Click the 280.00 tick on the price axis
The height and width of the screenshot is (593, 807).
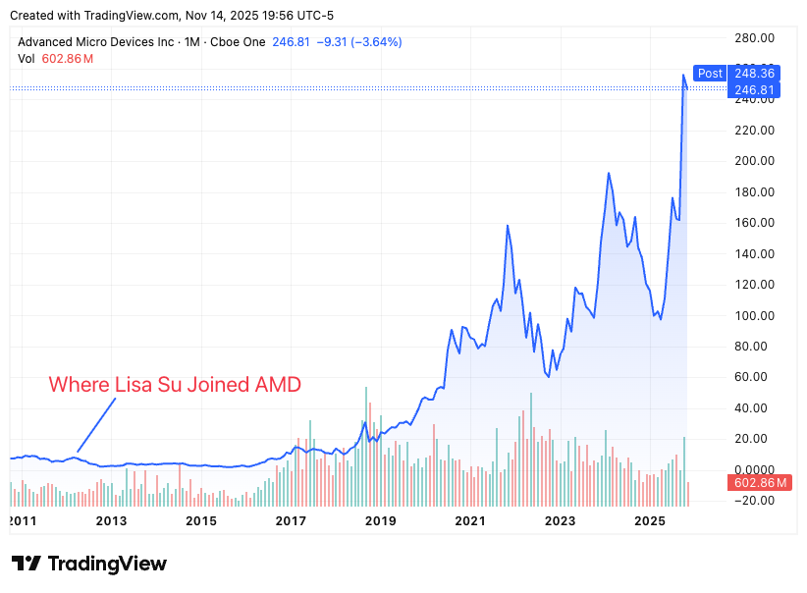pyautogui.click(x=756, y=37)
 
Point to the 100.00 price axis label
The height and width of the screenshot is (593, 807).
pyautogui.click(x=756, y=315)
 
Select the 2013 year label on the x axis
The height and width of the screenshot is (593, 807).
pyautogui.click(x=112, y=520)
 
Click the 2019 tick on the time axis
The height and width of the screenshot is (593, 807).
pyautogui.click(x=381, y=520)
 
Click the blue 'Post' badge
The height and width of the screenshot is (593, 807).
pyautogui.click(x=709, y=73)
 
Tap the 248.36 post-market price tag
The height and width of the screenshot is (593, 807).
pyautogui.click(x=754, y=73)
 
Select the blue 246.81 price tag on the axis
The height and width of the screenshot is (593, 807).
pyautogui.click(x=754, y=89)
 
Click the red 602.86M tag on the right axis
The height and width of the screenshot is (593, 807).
pyautogui.click(x=761, y=483)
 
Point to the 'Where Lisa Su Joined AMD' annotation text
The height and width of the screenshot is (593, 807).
pyautogui.click(x=175, y=384)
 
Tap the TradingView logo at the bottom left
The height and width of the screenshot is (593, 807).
pyautogui.click(x=89, y=564)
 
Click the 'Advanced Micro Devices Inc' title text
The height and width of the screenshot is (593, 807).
pyautogui.click(x=94, y=42)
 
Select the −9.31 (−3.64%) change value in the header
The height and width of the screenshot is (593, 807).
pyautogui.click(x=356, y=42)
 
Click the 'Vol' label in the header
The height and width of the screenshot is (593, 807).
pyautogui.click(x=27, y=59)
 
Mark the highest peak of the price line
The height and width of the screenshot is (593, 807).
pyautogui.click(x=683, y=75)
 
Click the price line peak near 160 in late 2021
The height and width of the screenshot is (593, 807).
pyautogui.click(x=508, y=226)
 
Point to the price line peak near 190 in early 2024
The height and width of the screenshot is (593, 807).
pyautogui.click(x=609, y=174)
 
